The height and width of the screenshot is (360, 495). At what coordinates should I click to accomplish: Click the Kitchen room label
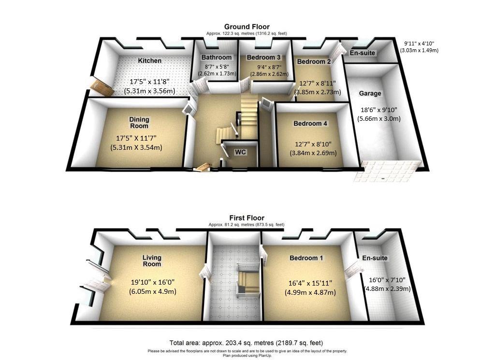point(150,60)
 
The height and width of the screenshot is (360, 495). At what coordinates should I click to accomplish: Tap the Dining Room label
point(139,123)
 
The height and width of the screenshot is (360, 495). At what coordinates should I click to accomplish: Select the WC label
point(240,152)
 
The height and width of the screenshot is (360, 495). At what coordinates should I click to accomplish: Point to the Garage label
point(370,93)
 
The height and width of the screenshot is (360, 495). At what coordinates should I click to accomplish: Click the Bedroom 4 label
point(310,123)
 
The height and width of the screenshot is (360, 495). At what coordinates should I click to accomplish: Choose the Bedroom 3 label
point(263,58)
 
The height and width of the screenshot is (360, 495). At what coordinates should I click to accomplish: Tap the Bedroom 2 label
point(314,61)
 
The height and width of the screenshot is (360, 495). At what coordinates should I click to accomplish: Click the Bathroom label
point(217,58)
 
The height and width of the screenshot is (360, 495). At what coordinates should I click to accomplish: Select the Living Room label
point(152,261)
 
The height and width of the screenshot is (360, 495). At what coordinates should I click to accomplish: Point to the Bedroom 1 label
point(306,258)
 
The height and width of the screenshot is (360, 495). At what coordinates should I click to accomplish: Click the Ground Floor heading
point(247,27)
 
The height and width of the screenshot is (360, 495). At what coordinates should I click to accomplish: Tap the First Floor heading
point(247,218)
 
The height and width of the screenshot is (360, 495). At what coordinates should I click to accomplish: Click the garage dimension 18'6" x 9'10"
point(379,110)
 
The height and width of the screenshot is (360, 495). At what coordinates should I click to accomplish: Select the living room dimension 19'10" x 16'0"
point(153,282)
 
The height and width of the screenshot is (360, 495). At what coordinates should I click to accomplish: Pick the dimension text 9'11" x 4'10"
point(419,44)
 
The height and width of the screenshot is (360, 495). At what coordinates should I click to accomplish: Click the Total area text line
point(246,343)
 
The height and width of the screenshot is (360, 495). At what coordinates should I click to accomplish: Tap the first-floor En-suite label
point(375,258)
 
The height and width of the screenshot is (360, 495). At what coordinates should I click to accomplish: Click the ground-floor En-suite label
point(363,53)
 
